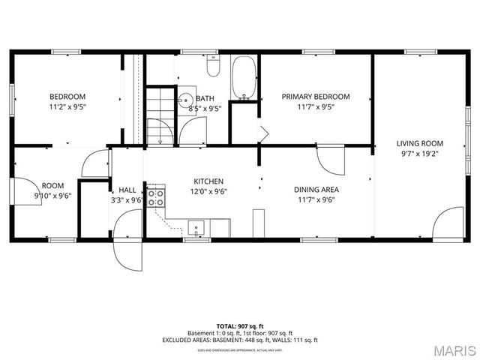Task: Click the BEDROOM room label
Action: pos(67,96)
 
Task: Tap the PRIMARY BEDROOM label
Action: pos(316,96)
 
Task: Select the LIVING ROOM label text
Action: pos(420,142)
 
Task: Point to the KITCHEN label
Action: pos(208,181)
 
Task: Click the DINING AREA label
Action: pos(316,190)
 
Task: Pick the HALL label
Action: pos(127,190)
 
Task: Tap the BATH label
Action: pos(205,98)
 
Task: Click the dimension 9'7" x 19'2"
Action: pos(420,153)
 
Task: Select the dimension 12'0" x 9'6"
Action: pos(208,191)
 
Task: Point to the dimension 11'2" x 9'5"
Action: pos(67,106)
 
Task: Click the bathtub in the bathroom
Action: pos(244,78)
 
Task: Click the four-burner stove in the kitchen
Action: pos(156,197)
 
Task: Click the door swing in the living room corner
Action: pos(450,223)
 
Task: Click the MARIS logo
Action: pos(454,350)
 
